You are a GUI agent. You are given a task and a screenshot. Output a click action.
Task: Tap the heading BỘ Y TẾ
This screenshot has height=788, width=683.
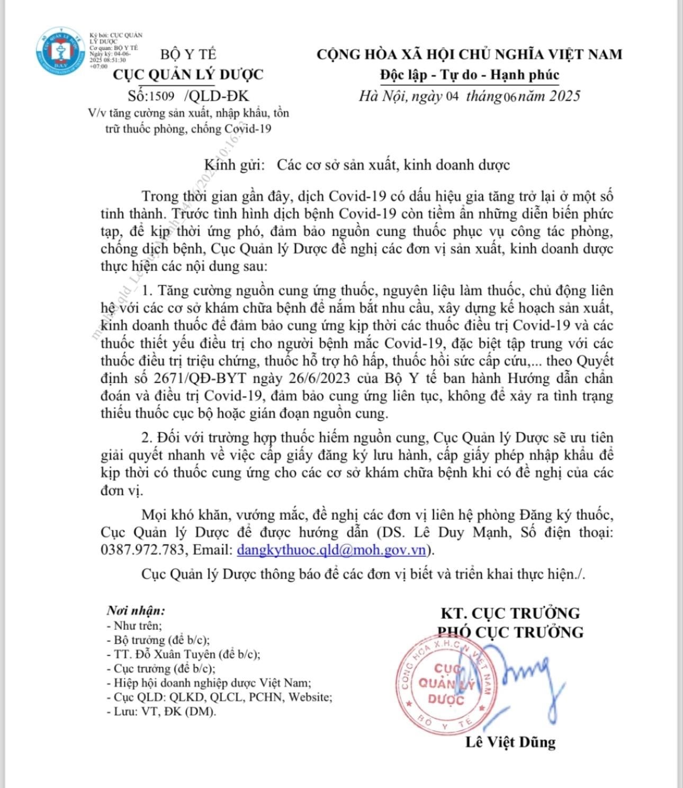(188, 54)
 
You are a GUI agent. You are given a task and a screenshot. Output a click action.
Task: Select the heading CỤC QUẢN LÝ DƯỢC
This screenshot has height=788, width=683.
(188, 74)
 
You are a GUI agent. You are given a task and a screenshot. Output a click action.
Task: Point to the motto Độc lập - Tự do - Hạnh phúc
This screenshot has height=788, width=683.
(469, 75)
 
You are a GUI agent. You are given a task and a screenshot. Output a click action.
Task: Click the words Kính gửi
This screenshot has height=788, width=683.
(234, 165)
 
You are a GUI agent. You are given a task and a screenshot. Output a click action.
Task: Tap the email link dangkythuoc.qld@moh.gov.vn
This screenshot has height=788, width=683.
(331, 550)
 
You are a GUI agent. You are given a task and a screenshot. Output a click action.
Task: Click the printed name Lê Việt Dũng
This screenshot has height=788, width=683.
(510, 742)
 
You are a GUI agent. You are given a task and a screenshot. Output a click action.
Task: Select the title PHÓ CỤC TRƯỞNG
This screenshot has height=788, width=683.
(510, 632)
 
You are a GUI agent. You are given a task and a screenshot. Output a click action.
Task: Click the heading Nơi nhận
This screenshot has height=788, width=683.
(136, 610)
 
